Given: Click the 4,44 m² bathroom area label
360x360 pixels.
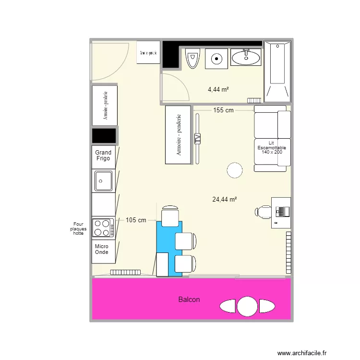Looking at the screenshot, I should [218, 89].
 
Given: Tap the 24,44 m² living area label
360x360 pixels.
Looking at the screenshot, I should [225, 199].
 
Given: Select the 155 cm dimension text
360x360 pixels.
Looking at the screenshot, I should [223, 110].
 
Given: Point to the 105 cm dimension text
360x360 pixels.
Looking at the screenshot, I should [136, 220].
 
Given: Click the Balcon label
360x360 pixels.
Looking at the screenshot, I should [189, 300].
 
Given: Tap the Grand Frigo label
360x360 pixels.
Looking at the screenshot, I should [103, 156].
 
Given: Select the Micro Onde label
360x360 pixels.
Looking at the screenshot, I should [102, 249].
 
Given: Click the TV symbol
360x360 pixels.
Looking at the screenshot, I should [197, 139].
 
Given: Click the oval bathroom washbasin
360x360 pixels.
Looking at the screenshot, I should [246, 58].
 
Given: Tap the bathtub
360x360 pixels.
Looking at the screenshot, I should [278, 70].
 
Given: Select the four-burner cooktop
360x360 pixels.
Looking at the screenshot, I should [103, 228].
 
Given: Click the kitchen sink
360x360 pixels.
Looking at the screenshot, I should [103, 181].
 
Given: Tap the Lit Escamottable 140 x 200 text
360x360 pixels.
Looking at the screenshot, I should [272, 147].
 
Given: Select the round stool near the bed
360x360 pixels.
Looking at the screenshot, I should [235, 170].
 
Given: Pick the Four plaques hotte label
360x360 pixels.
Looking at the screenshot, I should [78, 228].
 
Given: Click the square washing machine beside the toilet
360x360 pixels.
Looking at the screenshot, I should [217, 59].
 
